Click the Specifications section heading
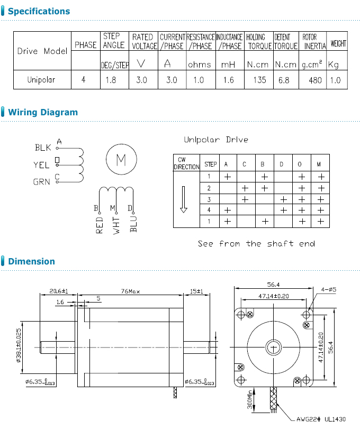(x=39, y=11)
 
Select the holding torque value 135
(x=259, y=80)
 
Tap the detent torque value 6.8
(x=284, y=80)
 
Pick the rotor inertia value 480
(x=315, y=80)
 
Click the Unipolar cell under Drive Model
(x=41, y=79)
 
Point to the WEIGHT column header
(x=338, y=43)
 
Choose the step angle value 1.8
(x=111, y=80)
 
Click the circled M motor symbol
(x=121, y=159)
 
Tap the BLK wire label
(x=43, y=148)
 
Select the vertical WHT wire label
(x=116, y=226)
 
